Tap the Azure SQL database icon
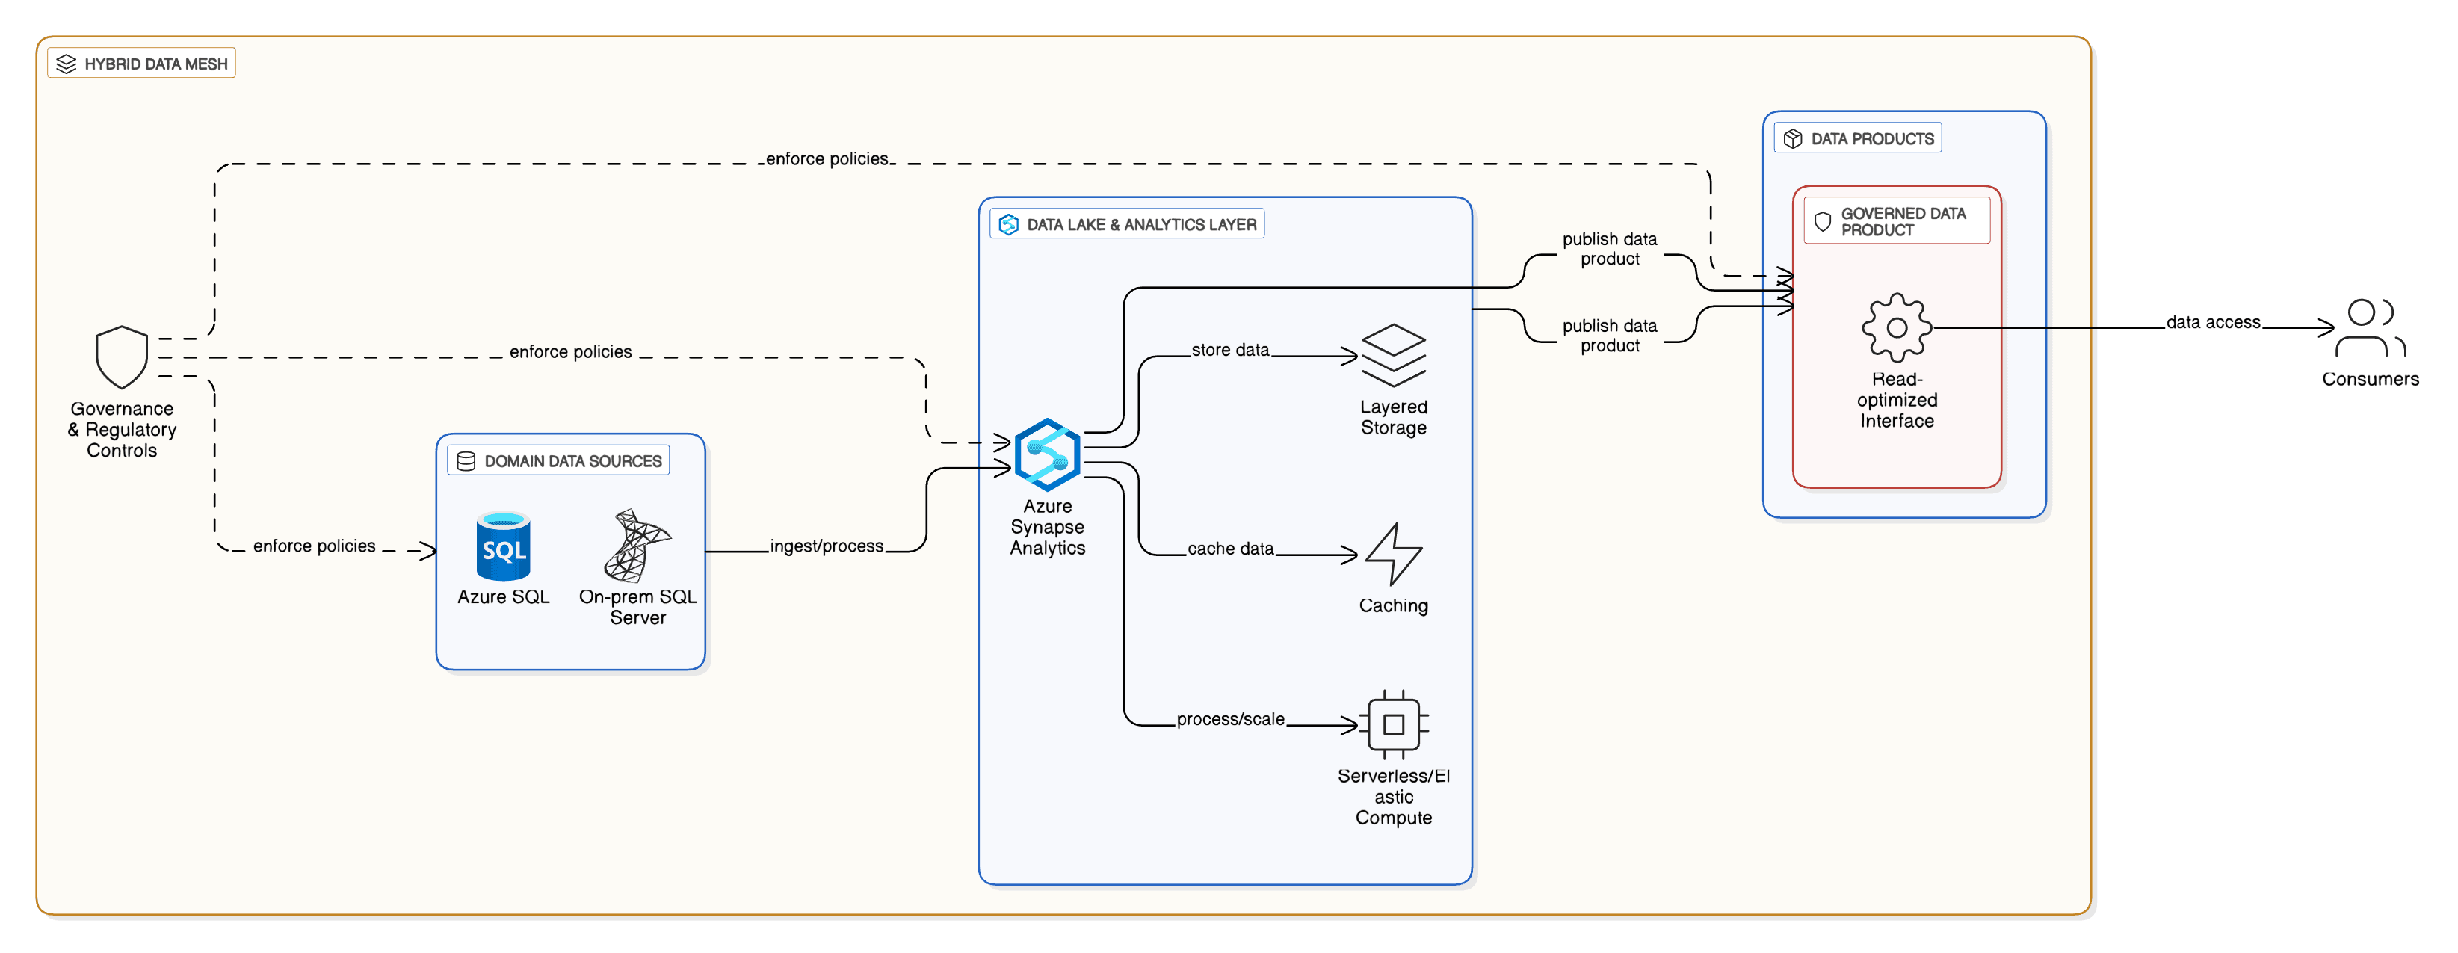(503, 546)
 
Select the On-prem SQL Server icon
(637, 546)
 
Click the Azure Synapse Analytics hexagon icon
(1047, 455)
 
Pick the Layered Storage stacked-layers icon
(1393, 355)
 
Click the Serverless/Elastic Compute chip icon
(1393, 724)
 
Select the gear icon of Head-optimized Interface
(1896, 327)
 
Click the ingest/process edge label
(827, 546)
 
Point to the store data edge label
(1230, 350)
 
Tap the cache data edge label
(1230, 549)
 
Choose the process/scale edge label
(1230, 719)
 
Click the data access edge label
(2213, 322)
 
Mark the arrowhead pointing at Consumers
(2328, 327)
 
